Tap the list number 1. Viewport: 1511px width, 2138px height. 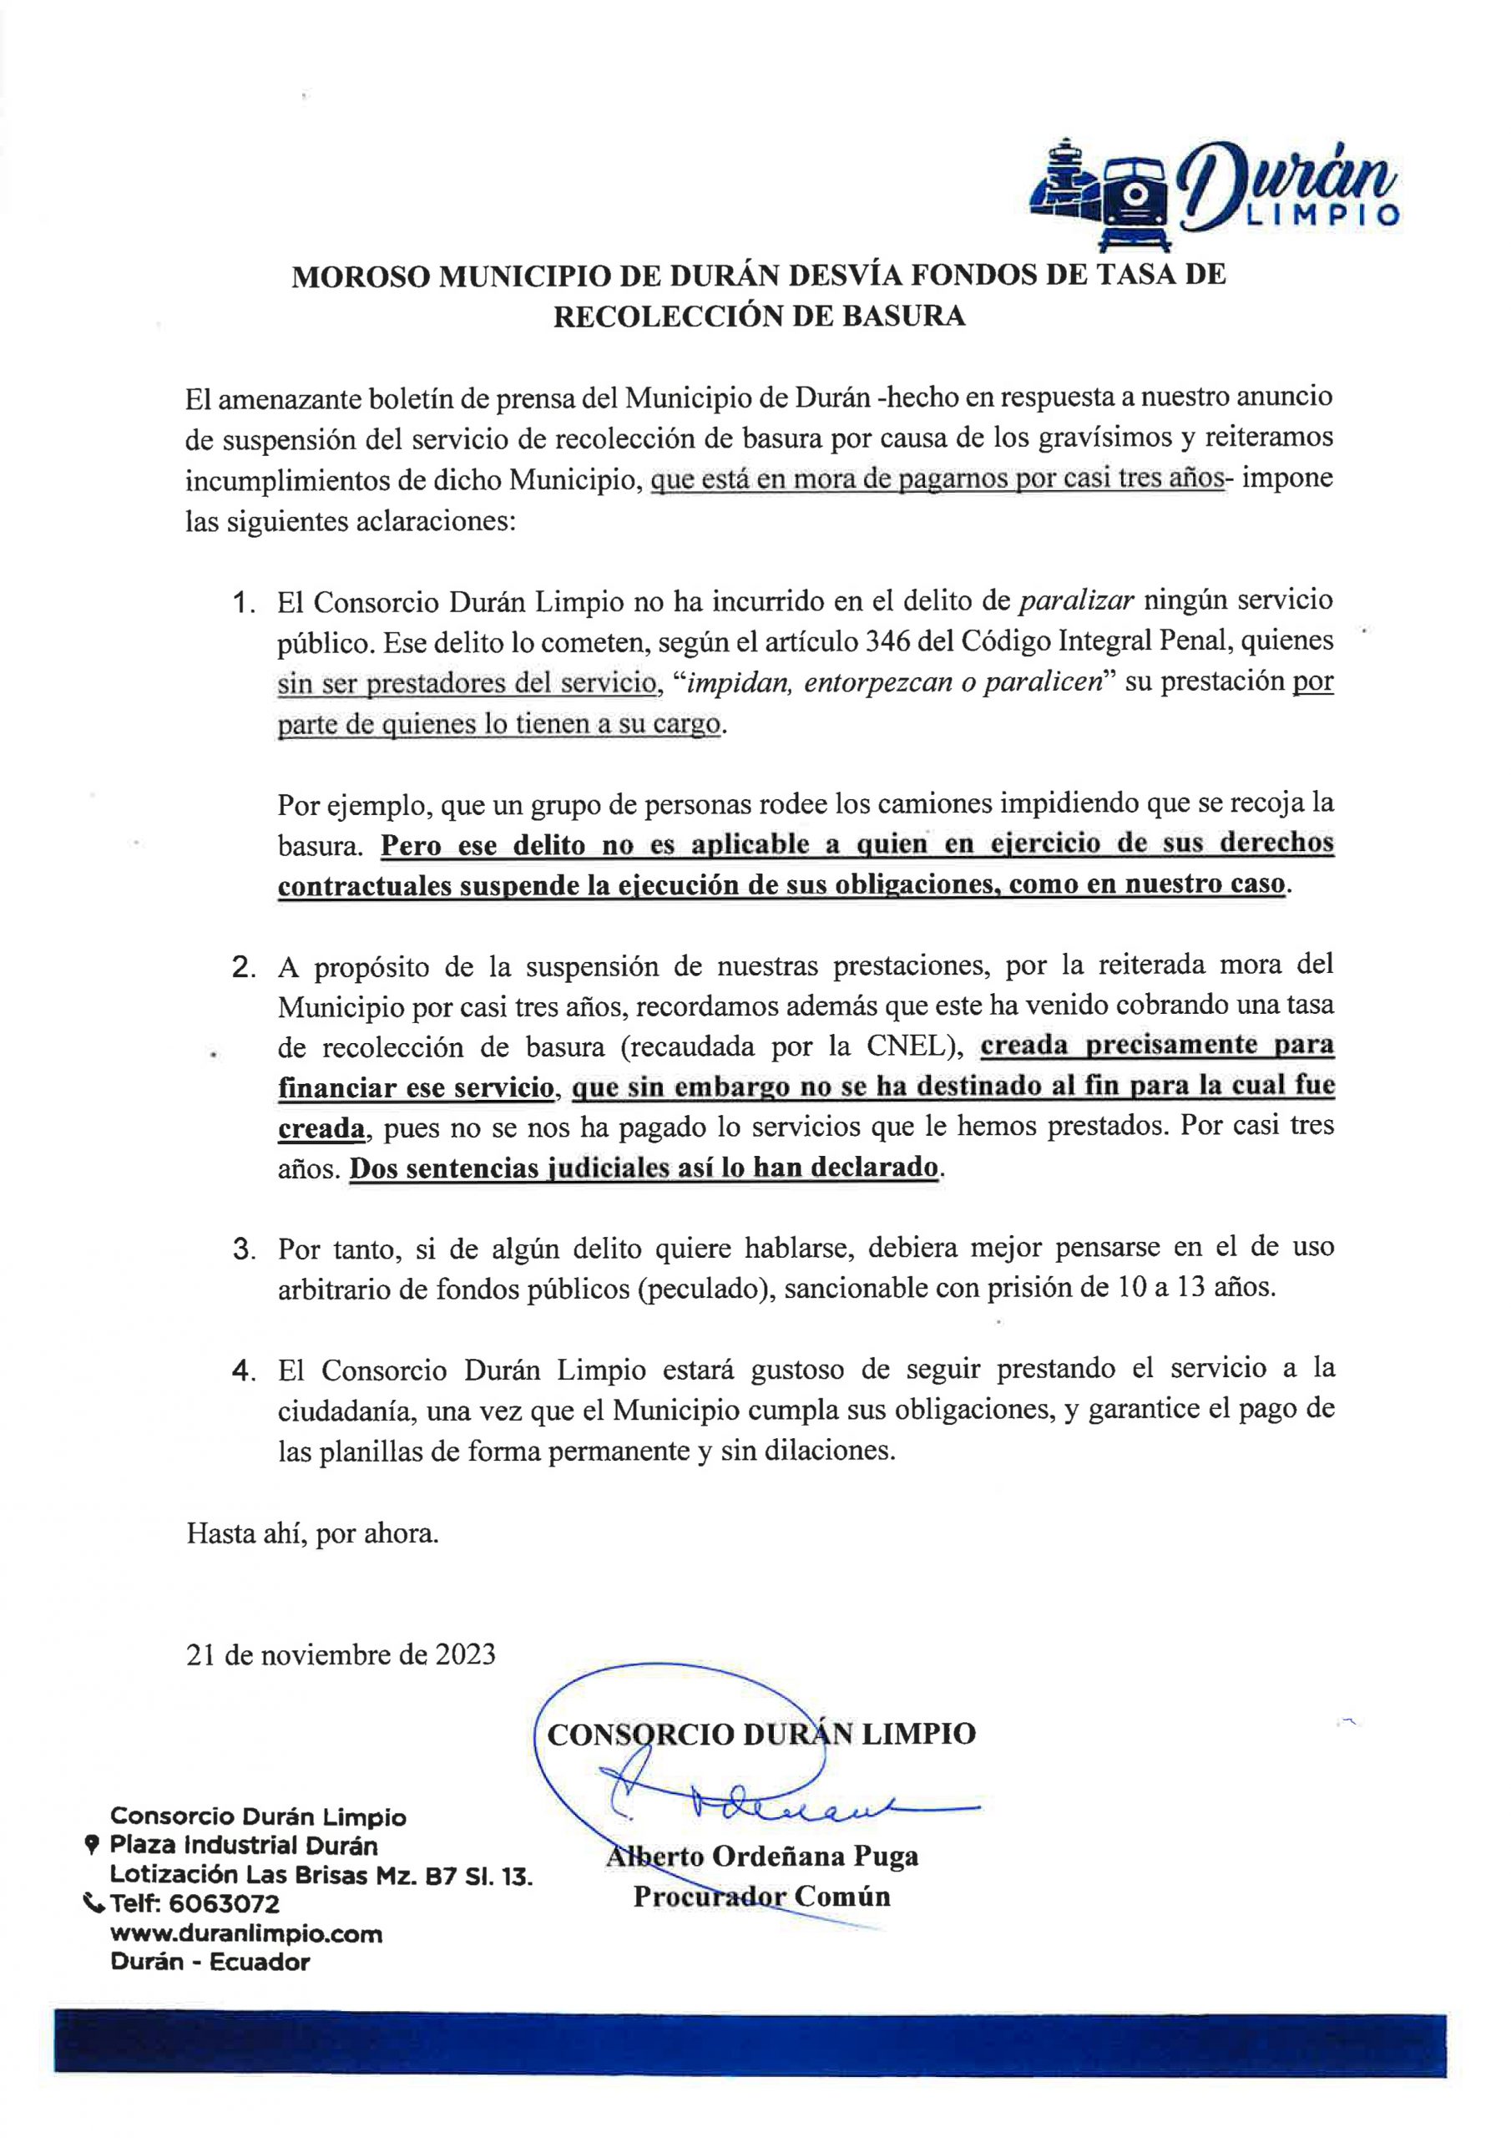tap(244, 604)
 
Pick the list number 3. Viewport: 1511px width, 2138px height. tap(244, 1249)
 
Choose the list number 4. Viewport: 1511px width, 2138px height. tap(244, 1371)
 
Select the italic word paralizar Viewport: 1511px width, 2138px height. tap(1076, 601)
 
